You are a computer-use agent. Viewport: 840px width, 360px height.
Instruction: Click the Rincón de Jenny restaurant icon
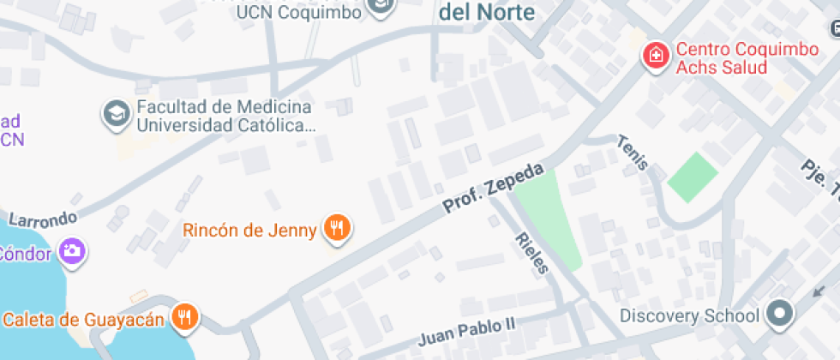point(338,229)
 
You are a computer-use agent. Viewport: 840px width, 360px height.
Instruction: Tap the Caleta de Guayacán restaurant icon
point(184,318)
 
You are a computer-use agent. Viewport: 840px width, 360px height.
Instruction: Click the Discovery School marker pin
point(779,315)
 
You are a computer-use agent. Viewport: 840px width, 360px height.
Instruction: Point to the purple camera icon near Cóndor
point(71,251)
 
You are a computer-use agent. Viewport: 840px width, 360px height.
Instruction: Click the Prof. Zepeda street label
point(493,188)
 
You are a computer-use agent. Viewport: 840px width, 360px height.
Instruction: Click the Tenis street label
point(633,153)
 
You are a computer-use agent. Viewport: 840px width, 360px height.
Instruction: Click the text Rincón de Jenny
point(249,230)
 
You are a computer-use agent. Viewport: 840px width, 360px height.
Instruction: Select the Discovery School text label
point(689,315)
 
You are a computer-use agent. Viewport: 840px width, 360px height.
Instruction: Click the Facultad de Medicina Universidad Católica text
point(223,117)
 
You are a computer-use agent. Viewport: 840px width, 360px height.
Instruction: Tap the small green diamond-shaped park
point(692,177)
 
